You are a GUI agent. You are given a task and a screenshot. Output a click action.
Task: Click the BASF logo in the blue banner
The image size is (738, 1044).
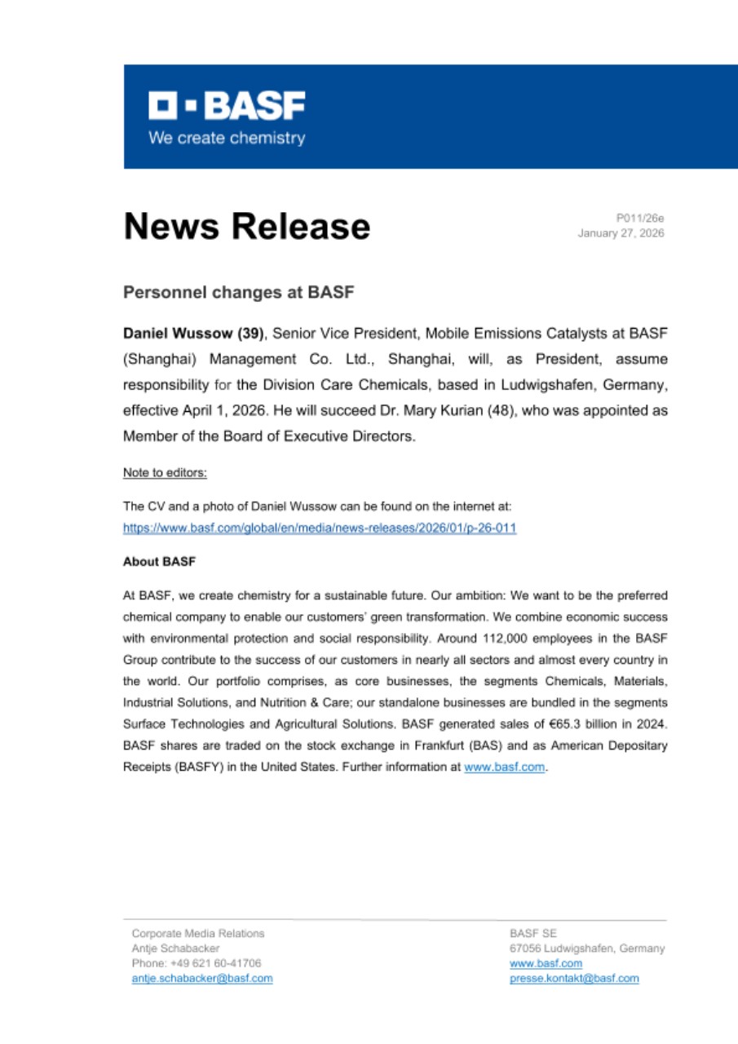[226, 105]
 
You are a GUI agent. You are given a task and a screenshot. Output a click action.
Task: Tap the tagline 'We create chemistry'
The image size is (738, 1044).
[226, 138]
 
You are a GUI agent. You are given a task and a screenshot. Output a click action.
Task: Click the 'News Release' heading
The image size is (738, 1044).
[246, 226]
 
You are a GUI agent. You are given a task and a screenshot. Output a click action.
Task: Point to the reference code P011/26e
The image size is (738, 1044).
[641, 218]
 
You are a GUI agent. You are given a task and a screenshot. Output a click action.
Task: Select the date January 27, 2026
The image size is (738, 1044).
[621, 233]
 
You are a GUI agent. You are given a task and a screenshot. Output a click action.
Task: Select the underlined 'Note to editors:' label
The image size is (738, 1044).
[165, 472]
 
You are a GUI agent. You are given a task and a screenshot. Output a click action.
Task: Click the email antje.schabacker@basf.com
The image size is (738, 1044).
[202, 979]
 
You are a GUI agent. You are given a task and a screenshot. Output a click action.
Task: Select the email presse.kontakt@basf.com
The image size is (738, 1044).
[574, 979]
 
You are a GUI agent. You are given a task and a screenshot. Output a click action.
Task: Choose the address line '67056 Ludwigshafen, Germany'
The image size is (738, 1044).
[586, 949]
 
